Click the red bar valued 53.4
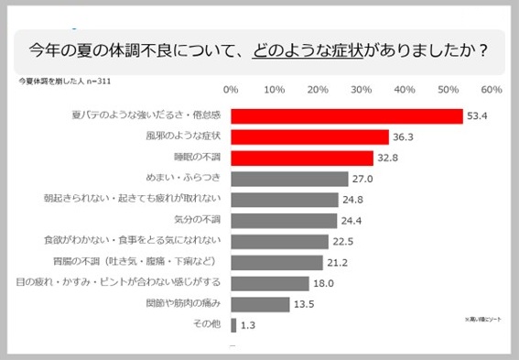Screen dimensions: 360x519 [346, 116]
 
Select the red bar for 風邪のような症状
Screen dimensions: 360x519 [309, 136]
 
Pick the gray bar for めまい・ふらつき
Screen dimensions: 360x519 [289, 179]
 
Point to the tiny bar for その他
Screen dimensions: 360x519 [233, 325]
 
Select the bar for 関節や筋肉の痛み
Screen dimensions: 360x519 [260, 304]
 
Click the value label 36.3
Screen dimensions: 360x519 [404, 137]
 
